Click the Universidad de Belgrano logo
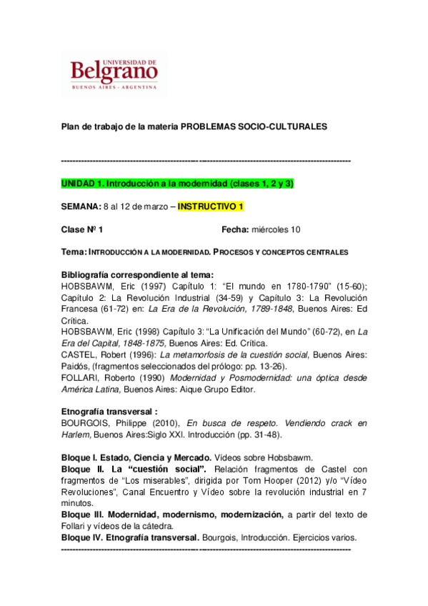114,74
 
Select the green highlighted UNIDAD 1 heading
178,184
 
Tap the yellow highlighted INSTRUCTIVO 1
211,207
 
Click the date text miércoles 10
275,229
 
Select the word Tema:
74,252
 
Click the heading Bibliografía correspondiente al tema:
138,275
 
